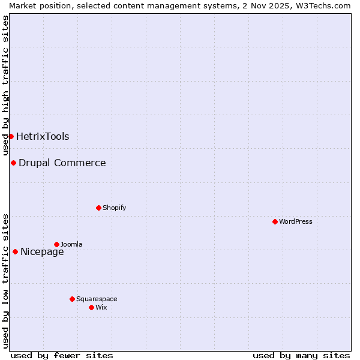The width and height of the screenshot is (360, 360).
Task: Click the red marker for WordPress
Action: [275, 221]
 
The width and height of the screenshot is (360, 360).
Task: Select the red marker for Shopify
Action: [98, 208]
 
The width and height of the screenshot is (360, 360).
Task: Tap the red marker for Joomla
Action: [56, 244]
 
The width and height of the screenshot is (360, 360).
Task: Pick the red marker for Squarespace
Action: [72, 299]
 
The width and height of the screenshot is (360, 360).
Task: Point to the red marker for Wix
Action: [91, 307]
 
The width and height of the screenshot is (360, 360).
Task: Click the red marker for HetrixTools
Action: [11, 136]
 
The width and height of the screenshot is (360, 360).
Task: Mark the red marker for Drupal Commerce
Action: [13, 163]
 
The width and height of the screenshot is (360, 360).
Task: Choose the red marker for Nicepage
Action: [15, 251]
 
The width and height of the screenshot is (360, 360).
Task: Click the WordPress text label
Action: [296, 221]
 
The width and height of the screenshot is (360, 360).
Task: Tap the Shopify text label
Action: [115, 208]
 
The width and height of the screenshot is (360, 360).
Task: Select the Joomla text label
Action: [71, 244]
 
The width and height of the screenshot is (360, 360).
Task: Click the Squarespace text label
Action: [97, 299]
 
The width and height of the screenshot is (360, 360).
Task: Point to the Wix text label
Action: [101, 307]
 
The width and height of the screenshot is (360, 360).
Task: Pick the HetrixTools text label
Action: [43, 136]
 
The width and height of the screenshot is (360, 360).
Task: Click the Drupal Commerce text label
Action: [62, 163]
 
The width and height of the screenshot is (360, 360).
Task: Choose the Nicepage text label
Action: [42, 251]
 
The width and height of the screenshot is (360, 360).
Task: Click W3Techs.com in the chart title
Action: [326, 5]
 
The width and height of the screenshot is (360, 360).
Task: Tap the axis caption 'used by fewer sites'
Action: [62, 355]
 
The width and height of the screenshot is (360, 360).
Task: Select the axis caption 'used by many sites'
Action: [301, 355]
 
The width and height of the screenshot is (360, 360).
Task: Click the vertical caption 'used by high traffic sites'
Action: [5, 85]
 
